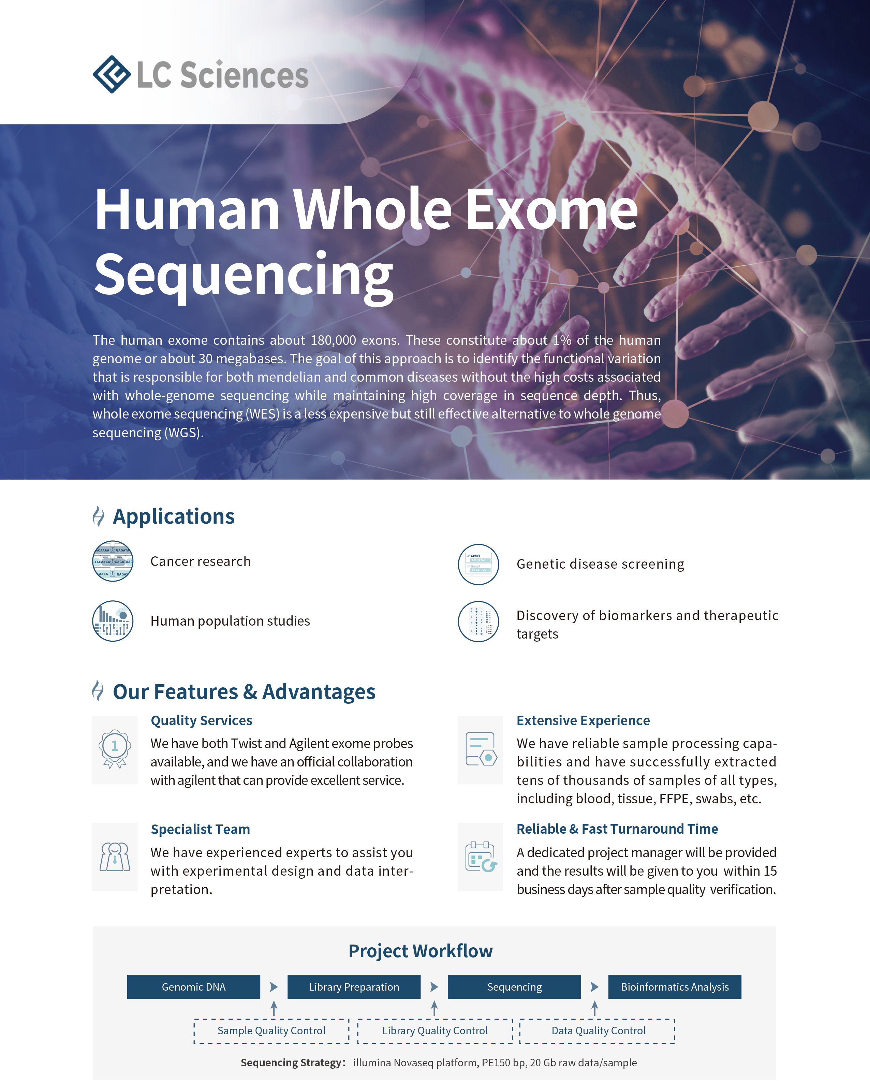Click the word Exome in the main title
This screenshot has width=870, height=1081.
(551, 209)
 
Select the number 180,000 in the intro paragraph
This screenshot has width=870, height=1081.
(330, 340)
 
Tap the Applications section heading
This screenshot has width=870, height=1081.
(173, 516)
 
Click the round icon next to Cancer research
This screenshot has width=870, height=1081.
(113, 561)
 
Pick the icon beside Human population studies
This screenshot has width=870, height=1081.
(113, 621)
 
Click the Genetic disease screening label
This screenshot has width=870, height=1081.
(600, 564)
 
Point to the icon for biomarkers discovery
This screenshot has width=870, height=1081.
(478, 621)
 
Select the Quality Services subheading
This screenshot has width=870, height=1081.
(202, 720)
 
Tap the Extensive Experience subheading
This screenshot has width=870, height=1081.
(583, 720)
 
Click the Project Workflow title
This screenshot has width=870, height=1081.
(421, 951)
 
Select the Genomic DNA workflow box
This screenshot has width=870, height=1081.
(193, 987)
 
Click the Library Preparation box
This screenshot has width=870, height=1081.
(354, 987)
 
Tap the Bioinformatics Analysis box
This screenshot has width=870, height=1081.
(675, 987)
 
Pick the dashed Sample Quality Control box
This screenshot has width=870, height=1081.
(271, 1031)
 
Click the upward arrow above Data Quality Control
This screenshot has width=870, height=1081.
(594, 1008)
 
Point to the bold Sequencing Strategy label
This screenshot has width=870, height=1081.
(293, 1063)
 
